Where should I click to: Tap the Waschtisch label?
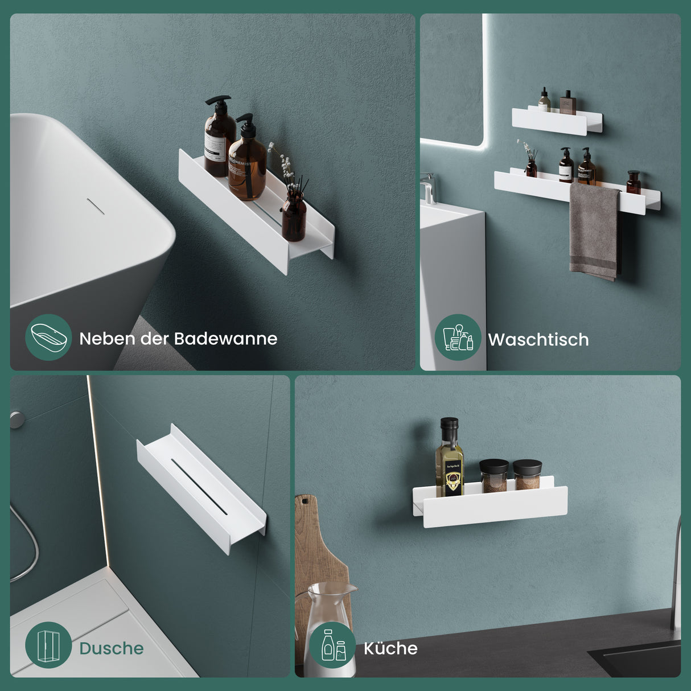(x=538, y=340)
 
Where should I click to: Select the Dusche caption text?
(x=111, y=648)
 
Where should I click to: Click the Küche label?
(x=390, y=648)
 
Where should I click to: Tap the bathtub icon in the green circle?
(x=48, y=338)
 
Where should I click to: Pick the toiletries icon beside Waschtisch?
(x=458, y=338)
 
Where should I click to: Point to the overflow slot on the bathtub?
(x=96, y=206)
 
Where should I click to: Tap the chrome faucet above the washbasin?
(x=429, y=188)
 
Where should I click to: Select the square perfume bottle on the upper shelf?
(x=567, y=103)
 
